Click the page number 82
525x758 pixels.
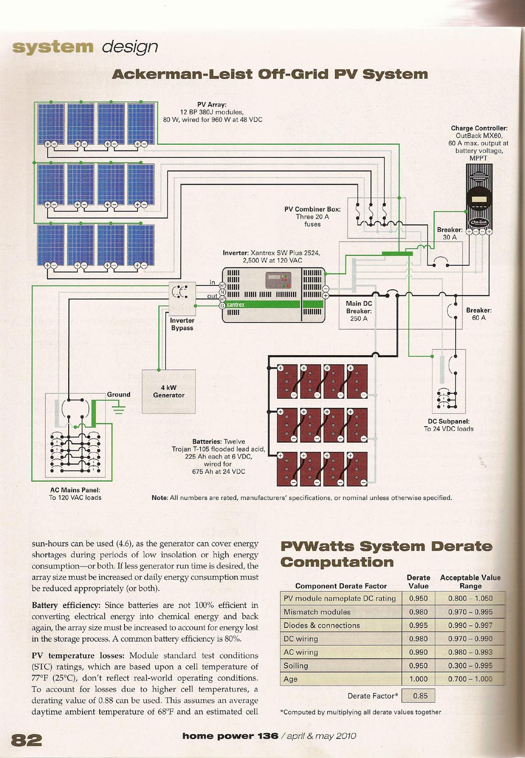point(26,740)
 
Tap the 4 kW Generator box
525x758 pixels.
point(169,391)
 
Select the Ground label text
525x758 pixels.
point(119,394)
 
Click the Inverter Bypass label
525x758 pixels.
point(182,324)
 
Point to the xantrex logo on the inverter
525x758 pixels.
point(235,304)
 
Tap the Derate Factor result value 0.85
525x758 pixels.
point(420,696)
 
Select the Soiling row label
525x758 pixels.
point(296,666)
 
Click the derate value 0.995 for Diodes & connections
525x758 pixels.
point(418,625)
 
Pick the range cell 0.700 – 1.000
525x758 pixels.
point(470,679)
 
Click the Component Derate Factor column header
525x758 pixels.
point(341,586)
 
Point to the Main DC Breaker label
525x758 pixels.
point(359,311)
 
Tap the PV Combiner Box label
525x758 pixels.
point(312,209)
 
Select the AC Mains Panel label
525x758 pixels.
point(75,490)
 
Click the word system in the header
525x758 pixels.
point(52,47)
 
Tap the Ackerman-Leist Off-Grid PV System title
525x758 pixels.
point(270,74)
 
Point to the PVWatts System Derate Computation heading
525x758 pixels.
point(386,554)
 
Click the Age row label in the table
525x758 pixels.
point(290,679)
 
